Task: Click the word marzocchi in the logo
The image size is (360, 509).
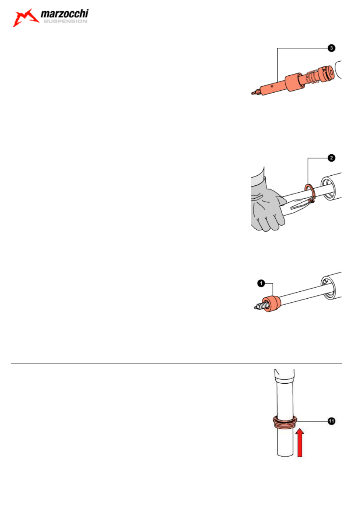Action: (65, 14)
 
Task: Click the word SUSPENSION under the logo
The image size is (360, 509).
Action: (65, 21)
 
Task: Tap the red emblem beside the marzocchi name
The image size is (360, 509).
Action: (25, 18)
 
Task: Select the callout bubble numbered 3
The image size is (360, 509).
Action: (331, 48)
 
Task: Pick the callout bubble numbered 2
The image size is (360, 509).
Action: (331, 158)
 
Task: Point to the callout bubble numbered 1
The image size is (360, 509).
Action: (261, 283)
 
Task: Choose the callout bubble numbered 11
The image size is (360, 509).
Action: (331, 421)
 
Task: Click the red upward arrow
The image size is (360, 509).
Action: (300, 443)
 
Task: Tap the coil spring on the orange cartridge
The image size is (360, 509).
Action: (312, 77)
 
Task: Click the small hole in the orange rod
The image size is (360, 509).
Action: (272, 86)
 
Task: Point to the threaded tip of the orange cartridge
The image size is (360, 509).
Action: (256, 92)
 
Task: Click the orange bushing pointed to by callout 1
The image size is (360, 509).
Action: (271, 303)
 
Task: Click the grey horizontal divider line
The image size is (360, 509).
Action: (176, 364)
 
